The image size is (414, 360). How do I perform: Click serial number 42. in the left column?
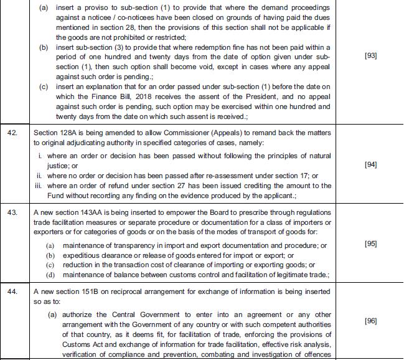pyautogui.click(x=12, y=133)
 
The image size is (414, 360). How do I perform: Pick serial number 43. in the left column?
pyautogui.click(x=12, y=211)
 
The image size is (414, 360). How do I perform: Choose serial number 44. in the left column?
pyautogui.click(x=12, y=290)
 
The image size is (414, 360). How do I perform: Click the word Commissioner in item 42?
pyautogui.click(x=194, y=133)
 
